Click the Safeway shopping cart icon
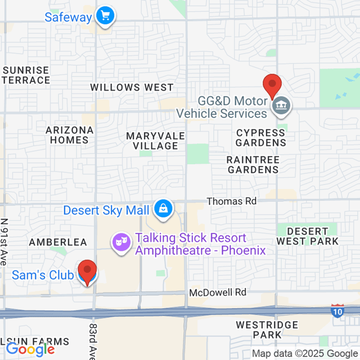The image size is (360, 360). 104,16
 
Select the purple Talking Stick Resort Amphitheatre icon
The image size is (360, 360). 120,242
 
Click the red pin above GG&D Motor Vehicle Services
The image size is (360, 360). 272,87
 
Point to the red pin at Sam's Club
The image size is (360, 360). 87,272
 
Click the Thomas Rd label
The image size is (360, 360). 232,201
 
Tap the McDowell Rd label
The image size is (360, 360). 218,292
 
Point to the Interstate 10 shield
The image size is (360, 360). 337,310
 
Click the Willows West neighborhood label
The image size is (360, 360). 132,87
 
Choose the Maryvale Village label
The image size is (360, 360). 152,141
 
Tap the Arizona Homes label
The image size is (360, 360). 70,135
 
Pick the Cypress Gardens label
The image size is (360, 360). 261,137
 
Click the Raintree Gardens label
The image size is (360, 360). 253,164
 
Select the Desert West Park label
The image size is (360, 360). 307,236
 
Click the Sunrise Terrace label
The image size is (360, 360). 26,75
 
